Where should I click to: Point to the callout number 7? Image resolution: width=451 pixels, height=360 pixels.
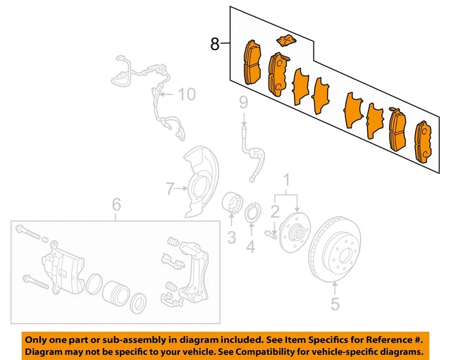point(169,188)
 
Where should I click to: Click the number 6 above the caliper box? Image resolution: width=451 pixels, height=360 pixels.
point(117,205)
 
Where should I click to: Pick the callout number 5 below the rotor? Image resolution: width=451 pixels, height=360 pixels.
point(335,304)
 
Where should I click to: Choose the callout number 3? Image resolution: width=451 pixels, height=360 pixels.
point(231,238)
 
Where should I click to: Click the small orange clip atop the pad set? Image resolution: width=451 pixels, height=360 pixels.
point(285,41)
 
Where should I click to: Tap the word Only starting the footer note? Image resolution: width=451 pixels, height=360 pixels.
point(41,337)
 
